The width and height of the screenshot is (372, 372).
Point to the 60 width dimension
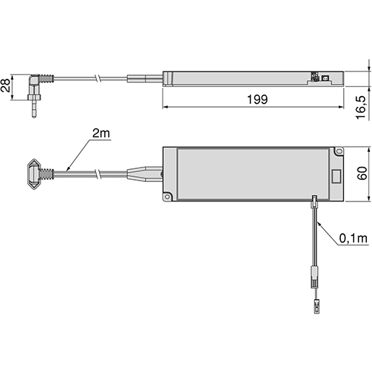click(361, 174)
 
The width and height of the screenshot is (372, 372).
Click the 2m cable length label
click(100, 135)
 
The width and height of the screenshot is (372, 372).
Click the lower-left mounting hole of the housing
click(167, 195)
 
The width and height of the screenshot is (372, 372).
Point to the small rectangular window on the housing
click(336, 176)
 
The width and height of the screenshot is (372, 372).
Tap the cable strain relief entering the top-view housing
click(144, 174)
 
